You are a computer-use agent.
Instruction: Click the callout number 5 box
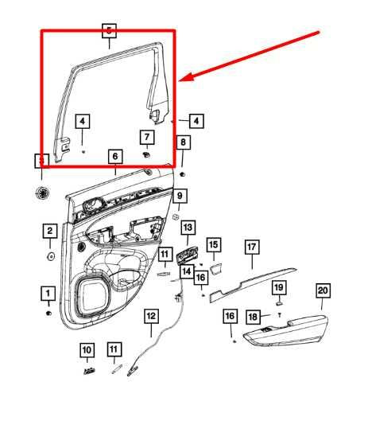click(x=110, y=31)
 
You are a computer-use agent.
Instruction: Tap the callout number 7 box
click(x=146, y=137)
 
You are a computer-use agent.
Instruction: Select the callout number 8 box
click(x=183, y=142)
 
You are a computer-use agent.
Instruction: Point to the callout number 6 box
click(x=115, y=157)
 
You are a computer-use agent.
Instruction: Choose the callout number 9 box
click(x=180, y=195)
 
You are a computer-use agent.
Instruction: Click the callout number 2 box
click(x=49, y=232)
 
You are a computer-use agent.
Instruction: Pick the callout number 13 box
click(x=188, y=228)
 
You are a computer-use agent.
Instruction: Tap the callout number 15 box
click(x=213, y=244)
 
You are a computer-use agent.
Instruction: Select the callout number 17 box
click(x=251, y=247)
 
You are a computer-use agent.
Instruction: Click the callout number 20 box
click(x=323, y=290)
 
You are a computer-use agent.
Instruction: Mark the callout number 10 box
click(x=87, y=349)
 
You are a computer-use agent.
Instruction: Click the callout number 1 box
click(x=47, y=292)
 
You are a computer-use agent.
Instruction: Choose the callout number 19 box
click(x=279, y=286)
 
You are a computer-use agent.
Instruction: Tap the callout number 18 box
click(x=253, y=316)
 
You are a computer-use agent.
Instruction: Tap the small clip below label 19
click(x=280, y=302)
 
